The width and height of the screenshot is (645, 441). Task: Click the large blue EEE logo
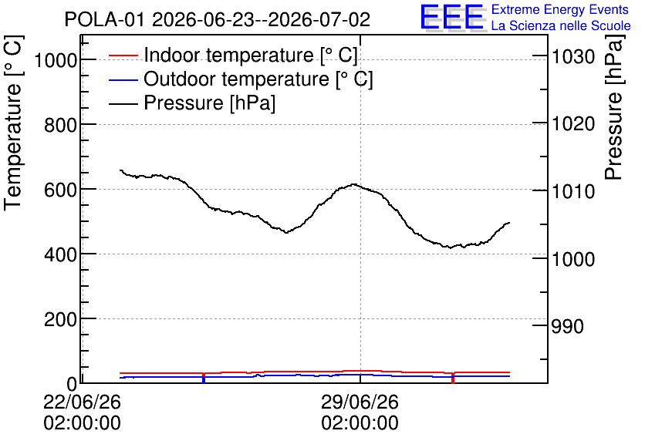[x=452, y=17]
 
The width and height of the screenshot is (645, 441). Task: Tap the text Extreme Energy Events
[x=560, y=9]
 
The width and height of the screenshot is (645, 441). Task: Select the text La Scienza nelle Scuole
[x=561, y=25]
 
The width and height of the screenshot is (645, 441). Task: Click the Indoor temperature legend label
[x=251, y=55]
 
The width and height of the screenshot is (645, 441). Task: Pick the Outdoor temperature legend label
[x=258, y=79]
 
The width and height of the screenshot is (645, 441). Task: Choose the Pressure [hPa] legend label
[x=209, y=103]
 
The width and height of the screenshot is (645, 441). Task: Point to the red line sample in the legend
[x=123, y=56]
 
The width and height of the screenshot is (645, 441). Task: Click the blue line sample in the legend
[x=123, y=79]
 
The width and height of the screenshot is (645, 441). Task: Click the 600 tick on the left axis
[x=60, y=190]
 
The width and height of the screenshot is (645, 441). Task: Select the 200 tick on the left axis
[x=60, y=320]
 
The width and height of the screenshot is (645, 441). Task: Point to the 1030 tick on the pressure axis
[x=573, y=56]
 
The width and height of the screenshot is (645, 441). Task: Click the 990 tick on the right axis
[x=568, y=326]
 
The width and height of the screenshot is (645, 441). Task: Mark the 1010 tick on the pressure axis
[x=573, y=191]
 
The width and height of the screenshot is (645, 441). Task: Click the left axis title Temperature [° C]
[x=14, y=123]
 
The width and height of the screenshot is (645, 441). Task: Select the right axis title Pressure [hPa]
[x=613, y=107]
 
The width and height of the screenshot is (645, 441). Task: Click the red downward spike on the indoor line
[x=453, y=378]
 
